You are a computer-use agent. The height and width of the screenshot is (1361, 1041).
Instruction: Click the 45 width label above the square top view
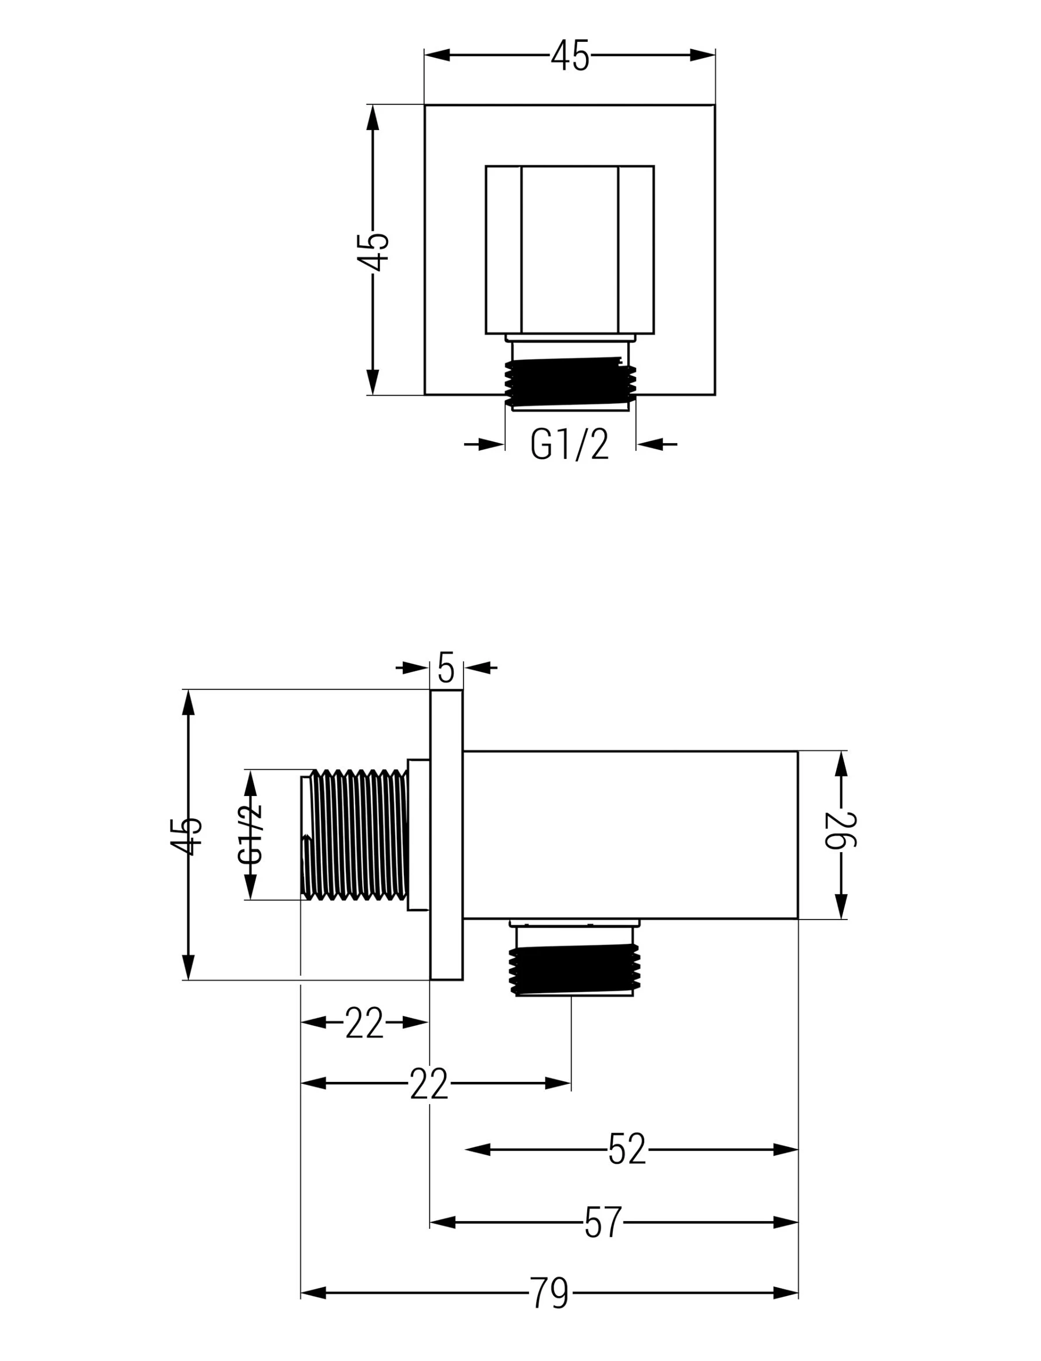click(x=570, y=55)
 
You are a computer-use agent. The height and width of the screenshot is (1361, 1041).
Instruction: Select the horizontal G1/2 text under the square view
click(x=570, y=445)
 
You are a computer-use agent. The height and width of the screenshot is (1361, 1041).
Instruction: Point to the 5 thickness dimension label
click(x=446, y=667)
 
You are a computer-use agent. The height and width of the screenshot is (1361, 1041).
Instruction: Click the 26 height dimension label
click(x=841, y=830)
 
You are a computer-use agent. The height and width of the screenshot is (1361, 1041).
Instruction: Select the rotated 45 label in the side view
click(x=186, y=837)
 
